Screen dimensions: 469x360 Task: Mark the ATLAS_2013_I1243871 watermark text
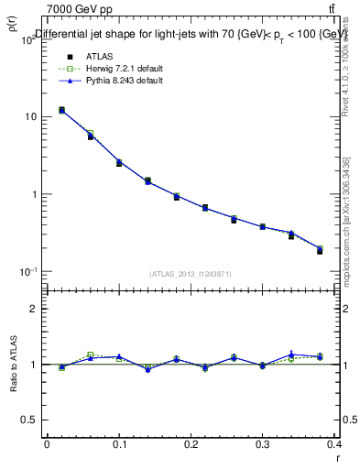pyautogui.click(x=190, y=274)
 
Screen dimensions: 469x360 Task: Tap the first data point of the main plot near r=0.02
pyautogui.click(x=61, y=110)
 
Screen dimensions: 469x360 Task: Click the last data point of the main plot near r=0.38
pyautogui.click(x=320, y=250)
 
